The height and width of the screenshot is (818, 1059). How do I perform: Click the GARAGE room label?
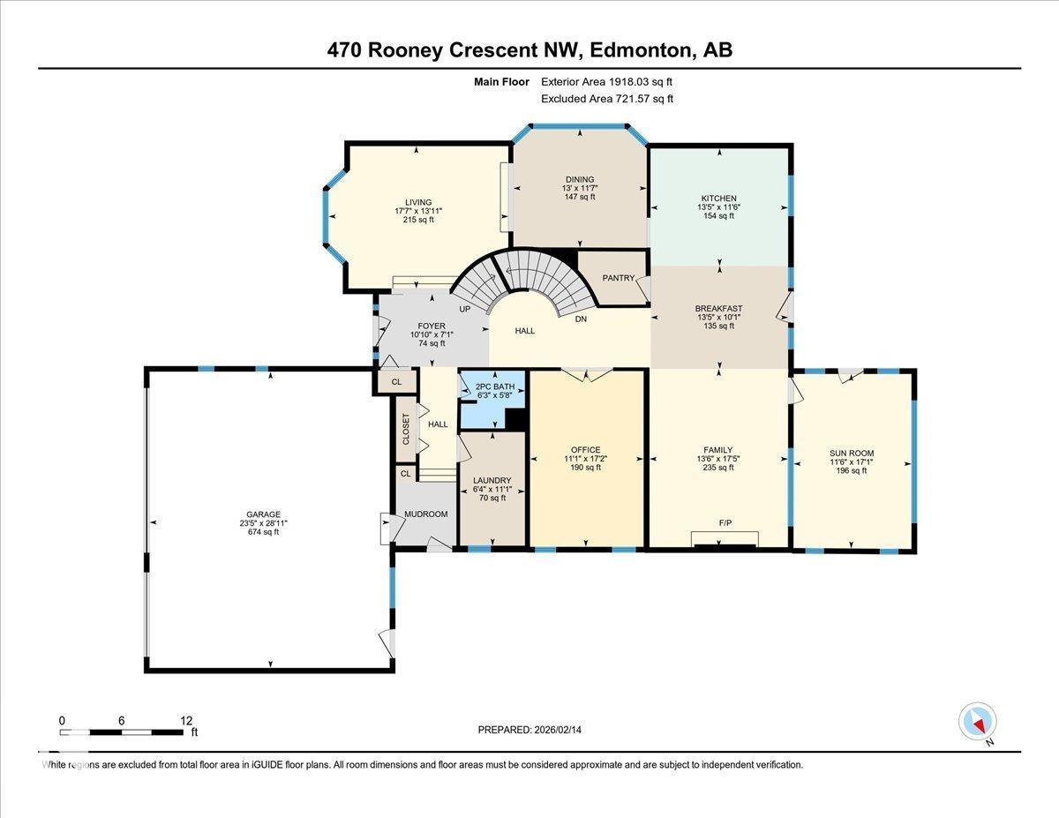tap(264, 514)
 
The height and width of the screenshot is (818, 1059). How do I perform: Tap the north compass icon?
tap(977, 722)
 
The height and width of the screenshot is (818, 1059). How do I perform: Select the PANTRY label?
tap(619, 278)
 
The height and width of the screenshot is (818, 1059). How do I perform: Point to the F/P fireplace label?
tap(725, 523)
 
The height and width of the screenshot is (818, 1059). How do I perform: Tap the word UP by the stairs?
tap(464, 310)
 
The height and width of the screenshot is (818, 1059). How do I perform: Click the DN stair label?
tap(581, 319)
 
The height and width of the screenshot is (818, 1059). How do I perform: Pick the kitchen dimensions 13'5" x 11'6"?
tap(718, 207)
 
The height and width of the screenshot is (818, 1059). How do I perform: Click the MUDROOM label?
tap(425, 514)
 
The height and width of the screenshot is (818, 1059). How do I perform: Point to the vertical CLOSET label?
tap(406, 430)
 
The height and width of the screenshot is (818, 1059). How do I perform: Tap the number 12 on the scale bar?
tap(185, 720)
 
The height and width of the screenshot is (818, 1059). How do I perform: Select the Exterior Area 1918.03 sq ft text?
tap(612, 82)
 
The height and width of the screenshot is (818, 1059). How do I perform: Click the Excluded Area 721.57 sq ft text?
tap(607, 99)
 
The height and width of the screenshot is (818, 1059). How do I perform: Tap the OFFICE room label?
tap(585, 450)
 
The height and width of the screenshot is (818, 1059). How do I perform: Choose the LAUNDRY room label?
tap(492, 480)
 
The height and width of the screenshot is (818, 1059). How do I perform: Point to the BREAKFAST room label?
tap(718, 309)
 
